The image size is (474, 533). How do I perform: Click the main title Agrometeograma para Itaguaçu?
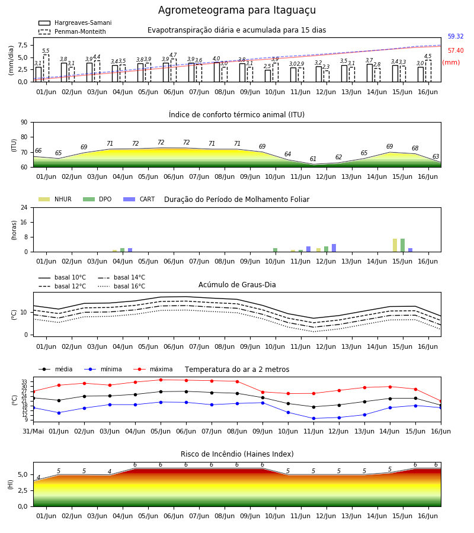pyautogui.click(x=237, y=10)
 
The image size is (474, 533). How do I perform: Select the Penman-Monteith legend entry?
pyautogui.click(x=72, y=31)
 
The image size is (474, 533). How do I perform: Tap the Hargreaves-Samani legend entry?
pyautogui.click(x=75, y=23)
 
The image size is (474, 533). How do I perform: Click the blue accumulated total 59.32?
pyautogui.click(x=456, y=36)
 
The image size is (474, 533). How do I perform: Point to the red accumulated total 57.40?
pyautogui.click(x=456, y=51)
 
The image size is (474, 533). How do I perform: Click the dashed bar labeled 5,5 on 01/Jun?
pyautogui.click(x=46, y=68)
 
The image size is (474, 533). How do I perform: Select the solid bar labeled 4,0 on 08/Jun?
pyautogui.click(x=217, y=72)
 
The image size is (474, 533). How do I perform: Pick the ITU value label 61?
pyautogui.click(x=313, y=159)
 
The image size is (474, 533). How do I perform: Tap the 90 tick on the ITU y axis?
pyautogui.click(x=24, y=123)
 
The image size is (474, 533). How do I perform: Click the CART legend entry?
pyautogui.click(x=139, y=199)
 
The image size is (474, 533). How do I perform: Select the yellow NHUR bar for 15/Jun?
pyautogui.click(x=395, y=245)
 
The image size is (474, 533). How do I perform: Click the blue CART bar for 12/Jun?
pyautogui.click(x=334, y=248)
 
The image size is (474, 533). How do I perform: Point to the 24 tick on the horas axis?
pyautogui.click(x=24, y=207)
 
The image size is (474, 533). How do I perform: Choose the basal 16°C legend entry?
pyautogui.click(x=121, y=286)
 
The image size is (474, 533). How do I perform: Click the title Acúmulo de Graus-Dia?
pyautogui.click(x=237, y=285)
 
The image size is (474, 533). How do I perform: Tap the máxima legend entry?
pyautogui.click(x=153, y=369)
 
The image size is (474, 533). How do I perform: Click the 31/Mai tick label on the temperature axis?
pyautogui.click(x=33, y=431)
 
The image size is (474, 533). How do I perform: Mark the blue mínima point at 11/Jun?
pyautogui.click(x=313, y=419)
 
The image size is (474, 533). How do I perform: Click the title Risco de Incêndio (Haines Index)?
pyautogui.click(x=237, y=454)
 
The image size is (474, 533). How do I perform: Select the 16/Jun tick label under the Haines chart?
pyautogui.click(x=428, y=516)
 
